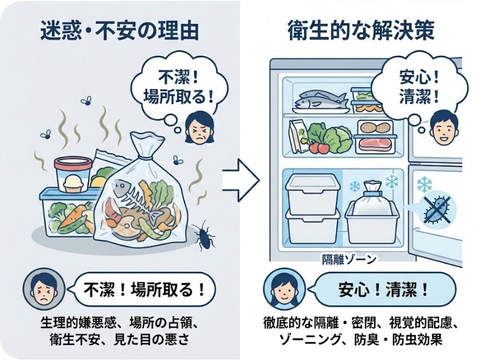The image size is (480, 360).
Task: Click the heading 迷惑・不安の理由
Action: [x=119, y=30]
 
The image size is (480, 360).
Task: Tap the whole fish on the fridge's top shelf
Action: [x=319, y=98]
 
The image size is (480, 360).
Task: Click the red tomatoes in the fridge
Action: [x=319, y=147]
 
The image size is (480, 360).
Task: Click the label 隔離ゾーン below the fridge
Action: [x=347, y=258]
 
